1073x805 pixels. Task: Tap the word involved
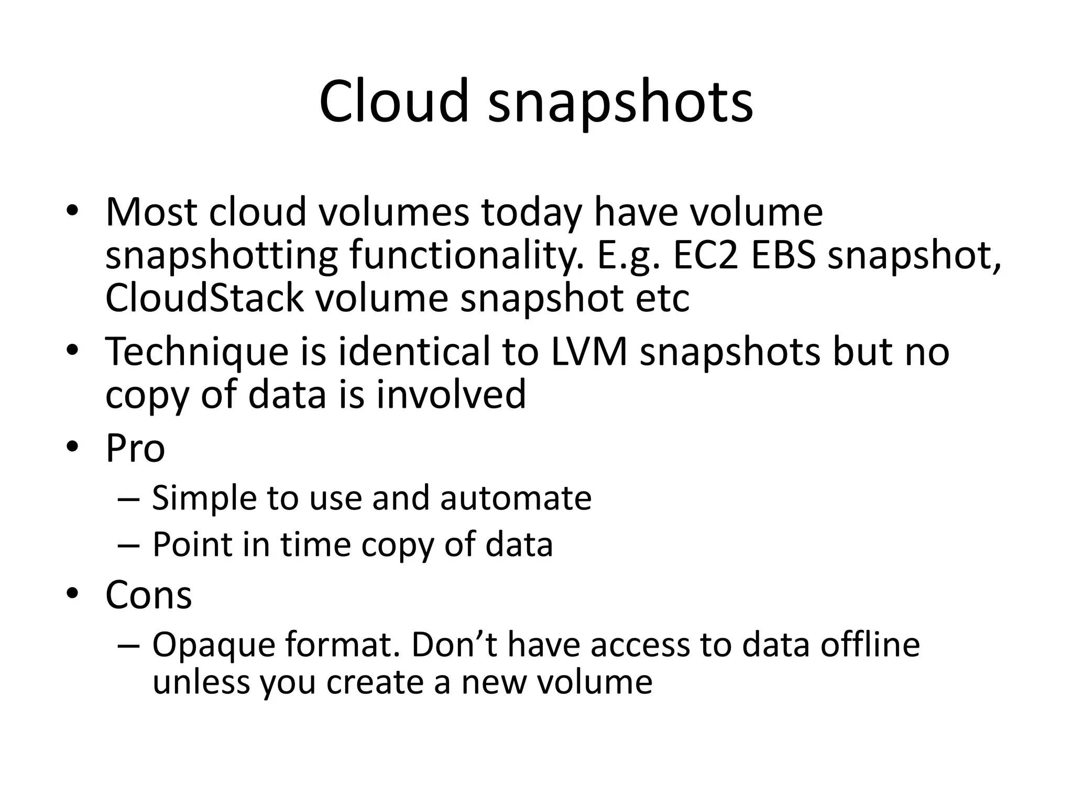click(451, 394)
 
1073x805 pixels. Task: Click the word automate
click(516, 498)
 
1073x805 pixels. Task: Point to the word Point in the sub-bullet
click(192, 545)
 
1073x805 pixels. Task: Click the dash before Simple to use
click(129, 498)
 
